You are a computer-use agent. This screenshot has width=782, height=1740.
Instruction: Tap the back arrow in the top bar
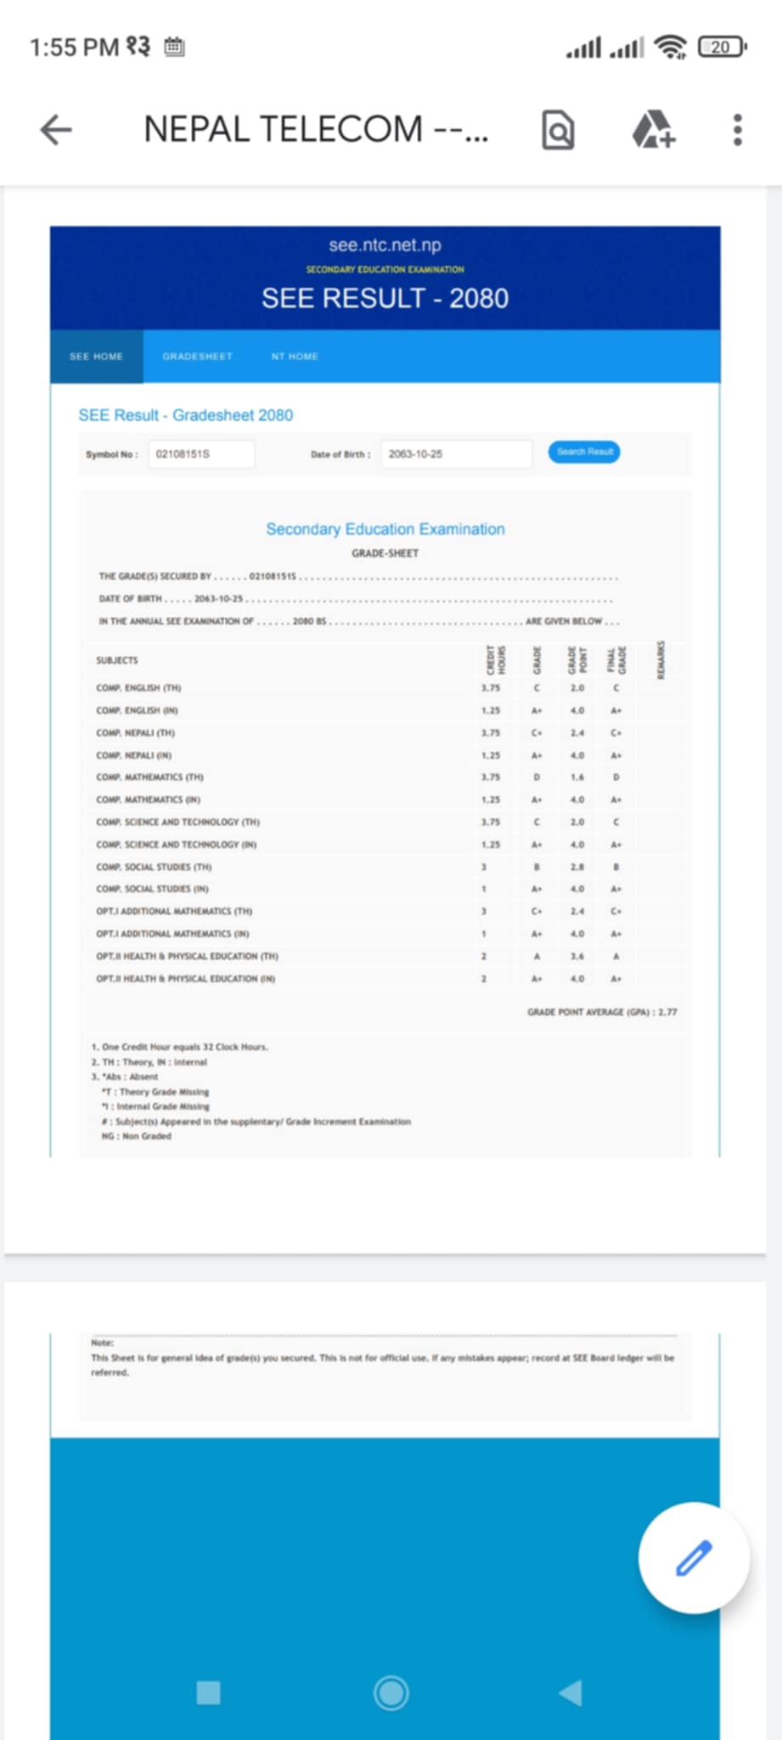[56, 130]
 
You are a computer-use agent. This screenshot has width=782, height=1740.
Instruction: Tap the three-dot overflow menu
[737, 130]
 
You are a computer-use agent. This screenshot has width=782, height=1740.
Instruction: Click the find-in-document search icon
[558, 131]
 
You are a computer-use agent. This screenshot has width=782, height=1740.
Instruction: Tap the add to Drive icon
[653, 130]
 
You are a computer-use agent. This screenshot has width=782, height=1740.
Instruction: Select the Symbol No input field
[201, 454]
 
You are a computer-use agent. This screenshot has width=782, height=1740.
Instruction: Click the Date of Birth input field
[456, 454]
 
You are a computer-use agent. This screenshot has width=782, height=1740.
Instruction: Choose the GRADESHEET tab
[198, 357]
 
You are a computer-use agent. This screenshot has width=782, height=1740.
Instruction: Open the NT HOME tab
[295, 357]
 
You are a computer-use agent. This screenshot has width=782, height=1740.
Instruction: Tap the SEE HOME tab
[96, 357]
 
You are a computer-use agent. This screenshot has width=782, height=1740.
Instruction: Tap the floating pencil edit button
[694, 1557]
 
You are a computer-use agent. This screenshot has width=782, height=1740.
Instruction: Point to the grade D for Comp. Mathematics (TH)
[537, 777]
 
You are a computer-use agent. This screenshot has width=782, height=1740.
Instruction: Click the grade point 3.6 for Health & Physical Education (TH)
[577, 956]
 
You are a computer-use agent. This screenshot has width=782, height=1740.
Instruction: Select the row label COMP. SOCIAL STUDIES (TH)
[154, 867]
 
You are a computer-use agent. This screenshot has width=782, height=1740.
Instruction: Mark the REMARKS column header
[661, 660]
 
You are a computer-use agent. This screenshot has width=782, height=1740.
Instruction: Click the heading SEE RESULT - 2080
[385, 298]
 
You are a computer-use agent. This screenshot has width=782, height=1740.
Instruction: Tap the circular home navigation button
[391, 1692]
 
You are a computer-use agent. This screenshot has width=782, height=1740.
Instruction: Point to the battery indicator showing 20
[721, 47]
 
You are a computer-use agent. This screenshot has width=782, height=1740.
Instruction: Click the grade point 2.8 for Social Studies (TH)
[577, 867]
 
